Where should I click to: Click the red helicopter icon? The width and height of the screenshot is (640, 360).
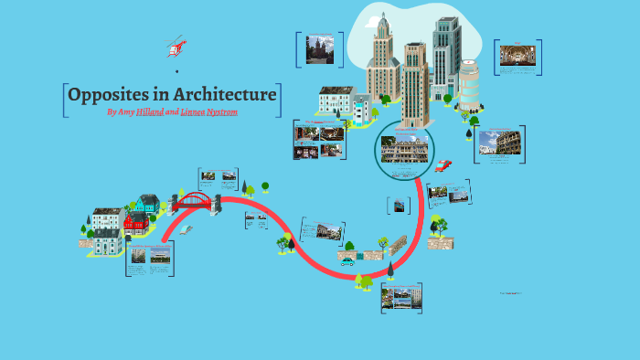click(176, 46)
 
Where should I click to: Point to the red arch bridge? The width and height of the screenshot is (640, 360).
click(192, 201)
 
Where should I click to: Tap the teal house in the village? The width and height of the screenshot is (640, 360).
click(148, 203)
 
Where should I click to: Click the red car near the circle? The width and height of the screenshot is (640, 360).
click(443, 165)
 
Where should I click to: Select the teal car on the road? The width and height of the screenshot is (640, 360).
click(347, 262)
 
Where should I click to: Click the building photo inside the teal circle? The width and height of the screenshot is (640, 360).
click(406, 148)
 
